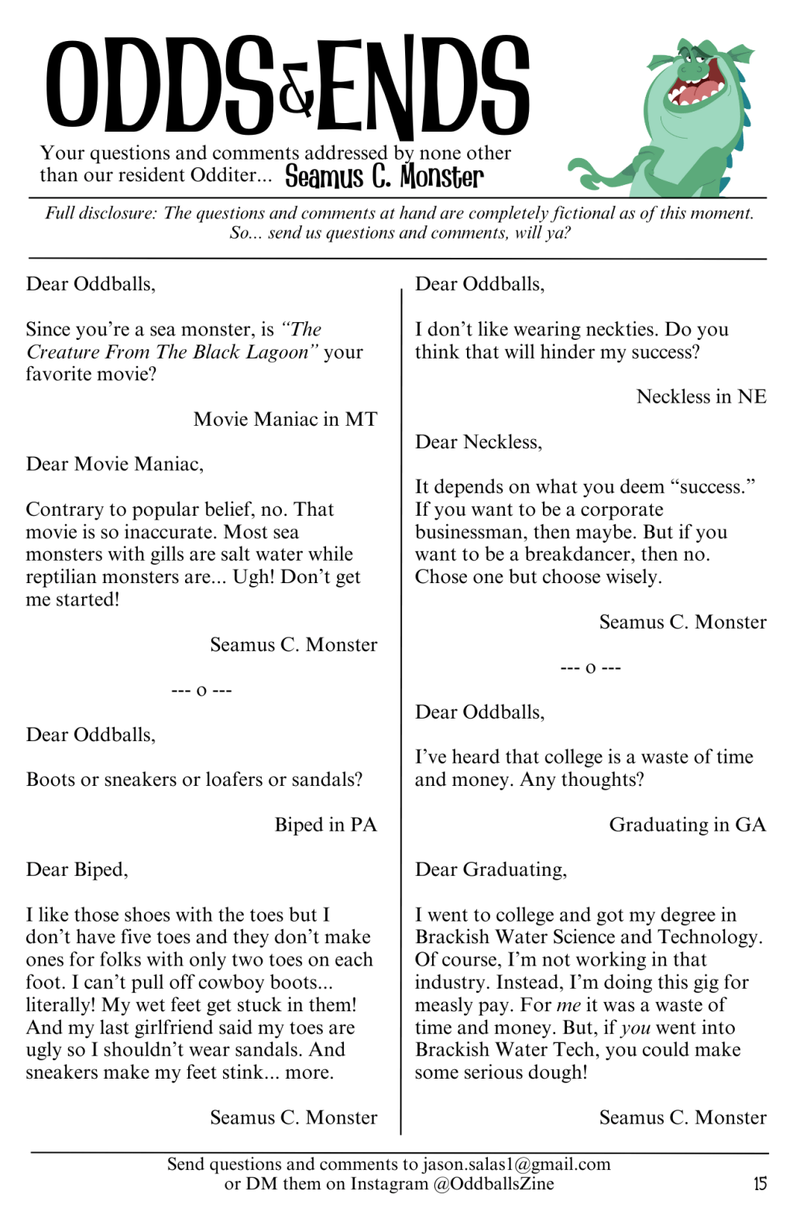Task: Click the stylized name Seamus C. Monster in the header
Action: [x=384, y=177]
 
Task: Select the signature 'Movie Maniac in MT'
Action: [x=285, y=419]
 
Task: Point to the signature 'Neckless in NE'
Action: [x=701, y=396]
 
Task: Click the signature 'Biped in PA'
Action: [x=325, y=825]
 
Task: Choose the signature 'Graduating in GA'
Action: [x=687, y=825]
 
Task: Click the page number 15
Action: [x=760, y=1183]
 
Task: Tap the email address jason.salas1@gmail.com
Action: [x=517, y=1164]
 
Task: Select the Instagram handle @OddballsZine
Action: [x=493, y=1183]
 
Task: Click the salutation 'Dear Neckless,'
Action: [x=479, y=442]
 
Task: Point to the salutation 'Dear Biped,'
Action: [x=77, y=870]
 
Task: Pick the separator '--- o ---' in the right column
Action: [x=590, y=667]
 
